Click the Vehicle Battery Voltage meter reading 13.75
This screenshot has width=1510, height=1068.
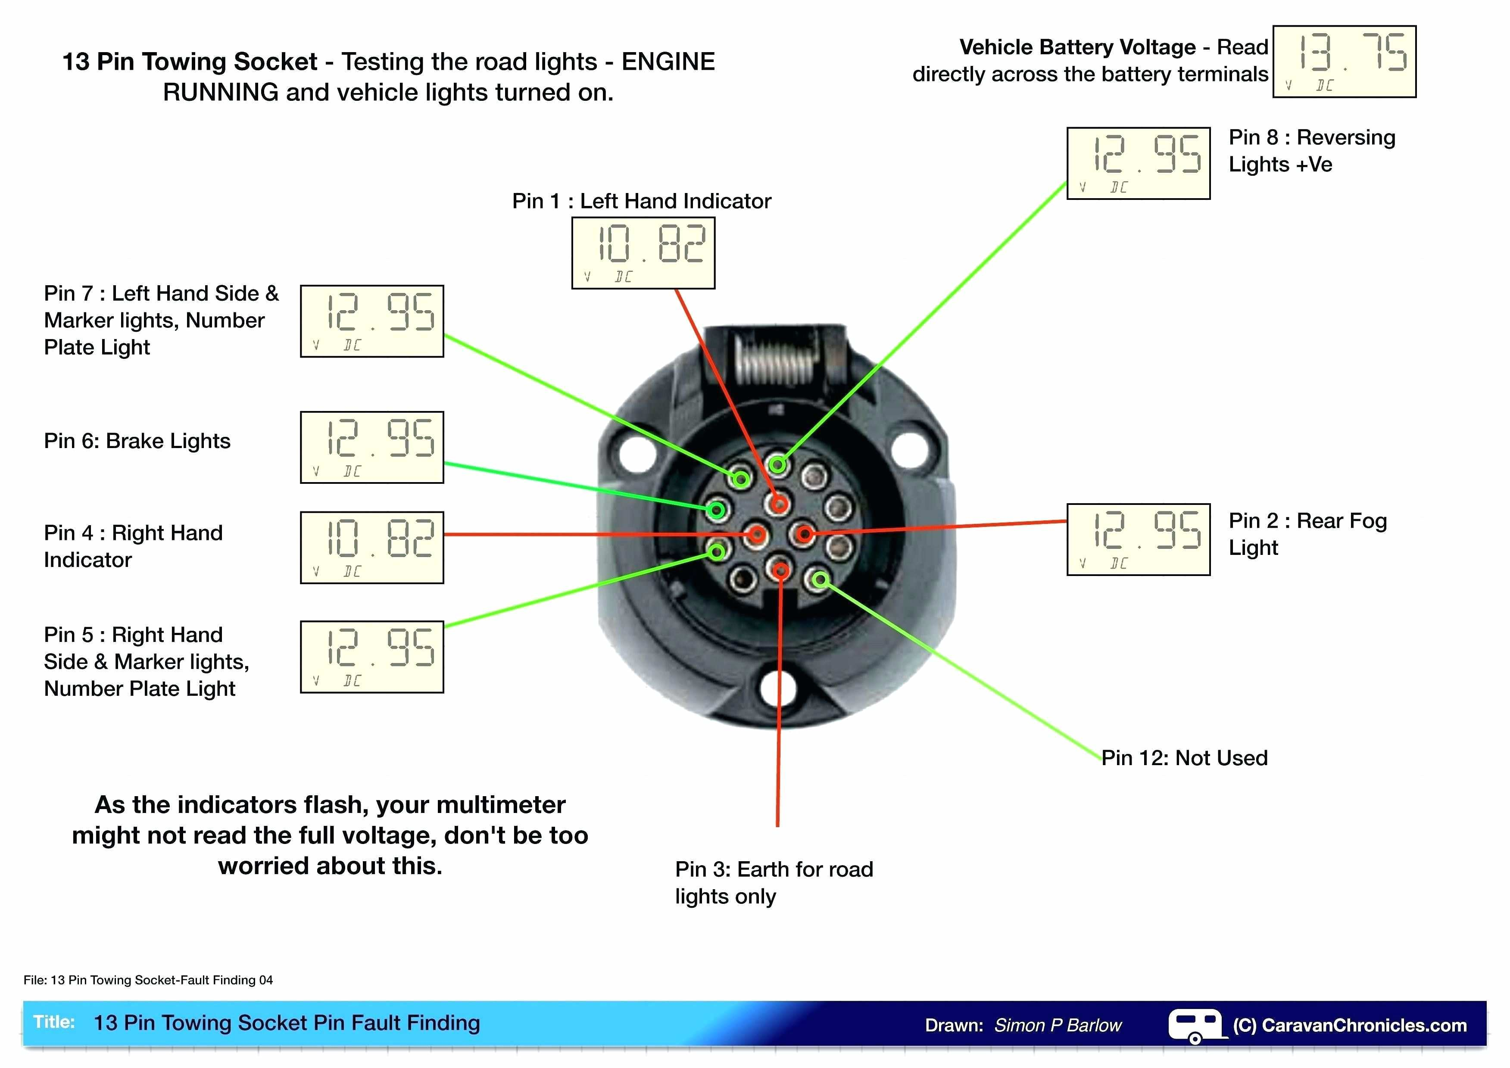tap(1344, 61)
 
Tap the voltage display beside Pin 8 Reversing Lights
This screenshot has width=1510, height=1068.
tap(1138, 163)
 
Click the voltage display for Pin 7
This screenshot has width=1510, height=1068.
tap(371, 321)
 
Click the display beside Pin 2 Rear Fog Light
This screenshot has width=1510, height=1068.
tap(1138, 539)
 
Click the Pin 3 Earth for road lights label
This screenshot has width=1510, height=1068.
tap(774, 883)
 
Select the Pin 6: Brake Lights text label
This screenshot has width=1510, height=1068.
tap(137, 441)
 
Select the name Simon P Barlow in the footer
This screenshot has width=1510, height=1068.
tap(1058, 1025)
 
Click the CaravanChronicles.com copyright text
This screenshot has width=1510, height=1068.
tap(1350, 1025)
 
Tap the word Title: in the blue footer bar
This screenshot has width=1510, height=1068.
tap(54, 1022)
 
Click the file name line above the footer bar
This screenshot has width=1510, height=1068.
tap(148, 980)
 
